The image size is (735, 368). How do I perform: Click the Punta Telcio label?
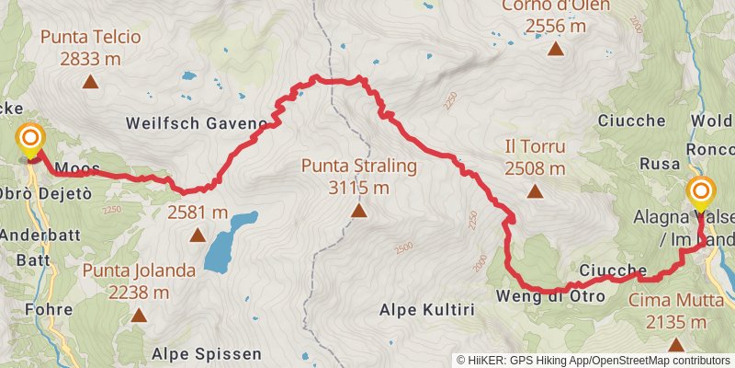[91, 38]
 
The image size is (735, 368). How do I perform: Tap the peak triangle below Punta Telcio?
[91, 82]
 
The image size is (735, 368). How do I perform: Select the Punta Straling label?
[358, 167]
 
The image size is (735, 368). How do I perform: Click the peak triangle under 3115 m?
[358, 212]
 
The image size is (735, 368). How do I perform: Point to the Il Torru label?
[535, 146]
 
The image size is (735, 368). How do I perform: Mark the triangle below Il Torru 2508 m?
[535, 191]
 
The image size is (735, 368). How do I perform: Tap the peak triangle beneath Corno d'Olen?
[556, 50]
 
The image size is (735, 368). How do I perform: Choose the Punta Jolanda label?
[139, 270]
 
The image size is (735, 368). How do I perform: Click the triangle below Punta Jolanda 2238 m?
[139, 316]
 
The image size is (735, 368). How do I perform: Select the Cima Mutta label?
[667, 300]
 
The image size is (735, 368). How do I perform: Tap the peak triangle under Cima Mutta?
[676, 345]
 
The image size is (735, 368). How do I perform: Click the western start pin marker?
[31, 141]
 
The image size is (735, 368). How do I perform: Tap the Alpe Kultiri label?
[426, 310]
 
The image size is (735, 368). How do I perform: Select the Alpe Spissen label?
[207, 353]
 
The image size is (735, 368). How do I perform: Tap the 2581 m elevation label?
[198, 213]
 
